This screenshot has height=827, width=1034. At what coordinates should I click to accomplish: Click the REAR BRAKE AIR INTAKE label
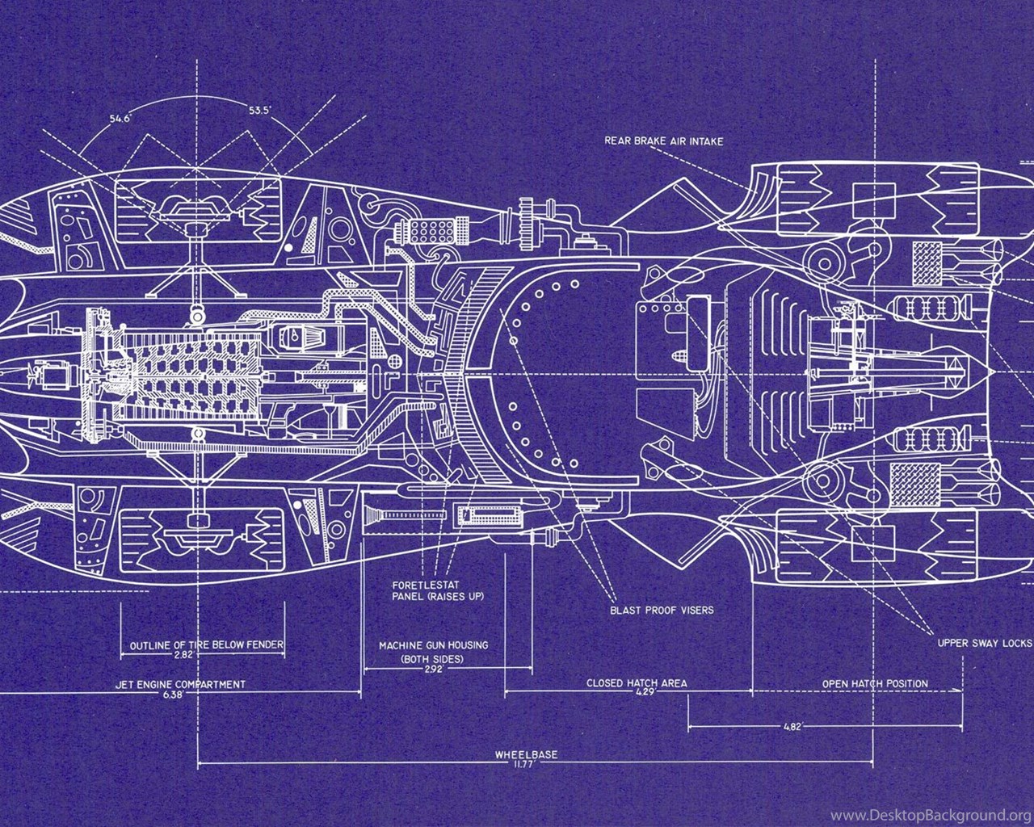(x=663, y=141)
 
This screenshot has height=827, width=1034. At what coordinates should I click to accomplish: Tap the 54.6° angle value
(x=120, y=119)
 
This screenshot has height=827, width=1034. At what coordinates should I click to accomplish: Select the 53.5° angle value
(x=260, y=111)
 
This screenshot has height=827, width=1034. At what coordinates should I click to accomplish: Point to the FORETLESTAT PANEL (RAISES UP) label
(x=438, y=591)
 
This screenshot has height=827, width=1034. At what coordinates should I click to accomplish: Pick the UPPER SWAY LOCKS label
(x=985, y=644)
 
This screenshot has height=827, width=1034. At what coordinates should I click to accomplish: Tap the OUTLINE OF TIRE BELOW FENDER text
(x=207, y=644)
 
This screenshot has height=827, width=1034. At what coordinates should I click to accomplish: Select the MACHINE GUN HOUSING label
(x=434, y=645)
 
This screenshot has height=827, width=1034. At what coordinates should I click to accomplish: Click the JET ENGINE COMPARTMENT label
(x=180, y=684)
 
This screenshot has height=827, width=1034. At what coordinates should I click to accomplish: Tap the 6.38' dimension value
(x=174, y=695)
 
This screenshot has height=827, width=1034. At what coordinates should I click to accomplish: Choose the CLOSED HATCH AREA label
(x=637, y=683)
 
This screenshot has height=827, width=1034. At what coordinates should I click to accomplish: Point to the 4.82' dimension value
(x=792, y=727)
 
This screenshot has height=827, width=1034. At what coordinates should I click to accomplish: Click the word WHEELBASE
(x=527, y=754)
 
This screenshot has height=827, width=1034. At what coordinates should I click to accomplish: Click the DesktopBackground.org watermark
(x=931, y=815)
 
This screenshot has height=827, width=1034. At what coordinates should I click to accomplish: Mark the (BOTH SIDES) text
(x=432, y=659)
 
